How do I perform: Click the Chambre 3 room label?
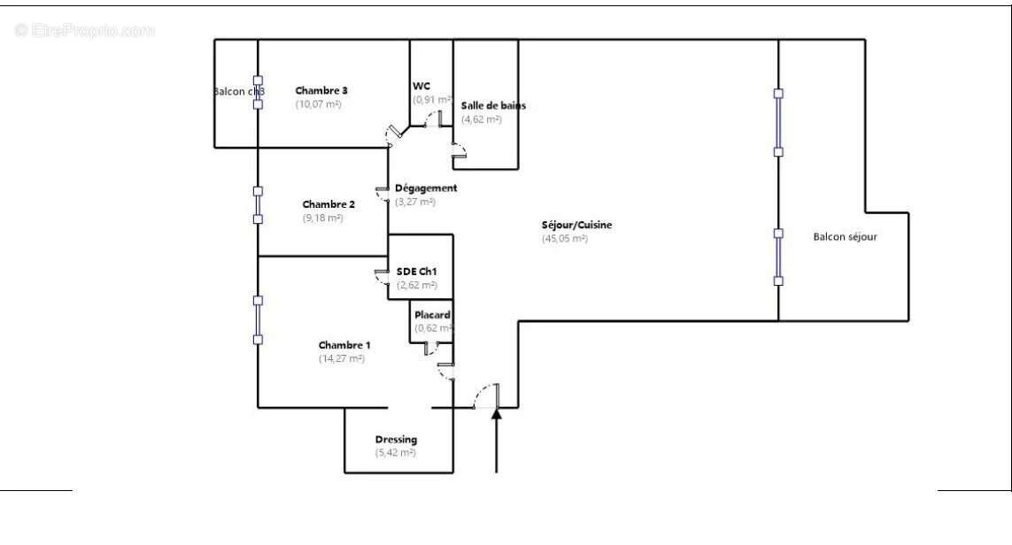321,90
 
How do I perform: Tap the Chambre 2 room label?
328,204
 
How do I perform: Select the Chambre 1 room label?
344,345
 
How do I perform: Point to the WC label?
421,86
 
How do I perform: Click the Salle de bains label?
493,105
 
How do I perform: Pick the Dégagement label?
426,188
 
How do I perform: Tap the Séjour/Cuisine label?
577,225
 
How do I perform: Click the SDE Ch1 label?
417,272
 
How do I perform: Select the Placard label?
433,315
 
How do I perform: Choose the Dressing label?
396,440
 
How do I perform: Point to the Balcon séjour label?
846,236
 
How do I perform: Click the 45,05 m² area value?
565,239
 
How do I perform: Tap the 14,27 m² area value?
342,359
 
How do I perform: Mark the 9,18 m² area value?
322,219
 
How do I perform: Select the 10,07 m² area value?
318,104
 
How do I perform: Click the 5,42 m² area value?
395,453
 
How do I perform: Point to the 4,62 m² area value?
481,119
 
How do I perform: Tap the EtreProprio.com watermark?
85,30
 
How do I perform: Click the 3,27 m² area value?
415,202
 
